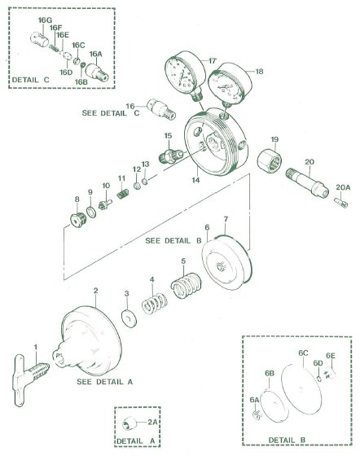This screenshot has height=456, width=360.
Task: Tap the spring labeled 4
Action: click(x=155, y=304)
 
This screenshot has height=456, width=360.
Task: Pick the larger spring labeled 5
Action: click(x=186, y=286)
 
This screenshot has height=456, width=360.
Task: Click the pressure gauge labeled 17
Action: click(x=184, y=74)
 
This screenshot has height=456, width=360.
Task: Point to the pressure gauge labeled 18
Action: click(x=230, y=85)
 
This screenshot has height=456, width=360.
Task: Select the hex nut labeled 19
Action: click(x=270, y=160)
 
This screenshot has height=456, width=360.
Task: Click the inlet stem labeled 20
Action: click(x=307, y=182)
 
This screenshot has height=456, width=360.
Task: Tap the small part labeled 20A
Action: click(x=341, y=203)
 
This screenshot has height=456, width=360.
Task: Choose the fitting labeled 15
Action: click(x=171, y=155)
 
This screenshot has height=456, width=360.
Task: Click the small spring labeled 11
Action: click(x=123, y=194)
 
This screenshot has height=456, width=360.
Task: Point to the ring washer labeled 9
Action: click(x=91, y=212)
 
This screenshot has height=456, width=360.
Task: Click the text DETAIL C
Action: click(x=30, y=80)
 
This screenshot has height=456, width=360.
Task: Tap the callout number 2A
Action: click(x=152, y=422)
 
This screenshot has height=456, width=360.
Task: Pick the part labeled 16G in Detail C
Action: click(x=40, y=39)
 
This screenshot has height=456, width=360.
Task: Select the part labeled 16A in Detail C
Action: click(x=97, y=72)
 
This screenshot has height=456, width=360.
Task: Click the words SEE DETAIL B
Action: click(x=173, y=241)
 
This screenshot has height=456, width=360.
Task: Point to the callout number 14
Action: click(x=195, y=180)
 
